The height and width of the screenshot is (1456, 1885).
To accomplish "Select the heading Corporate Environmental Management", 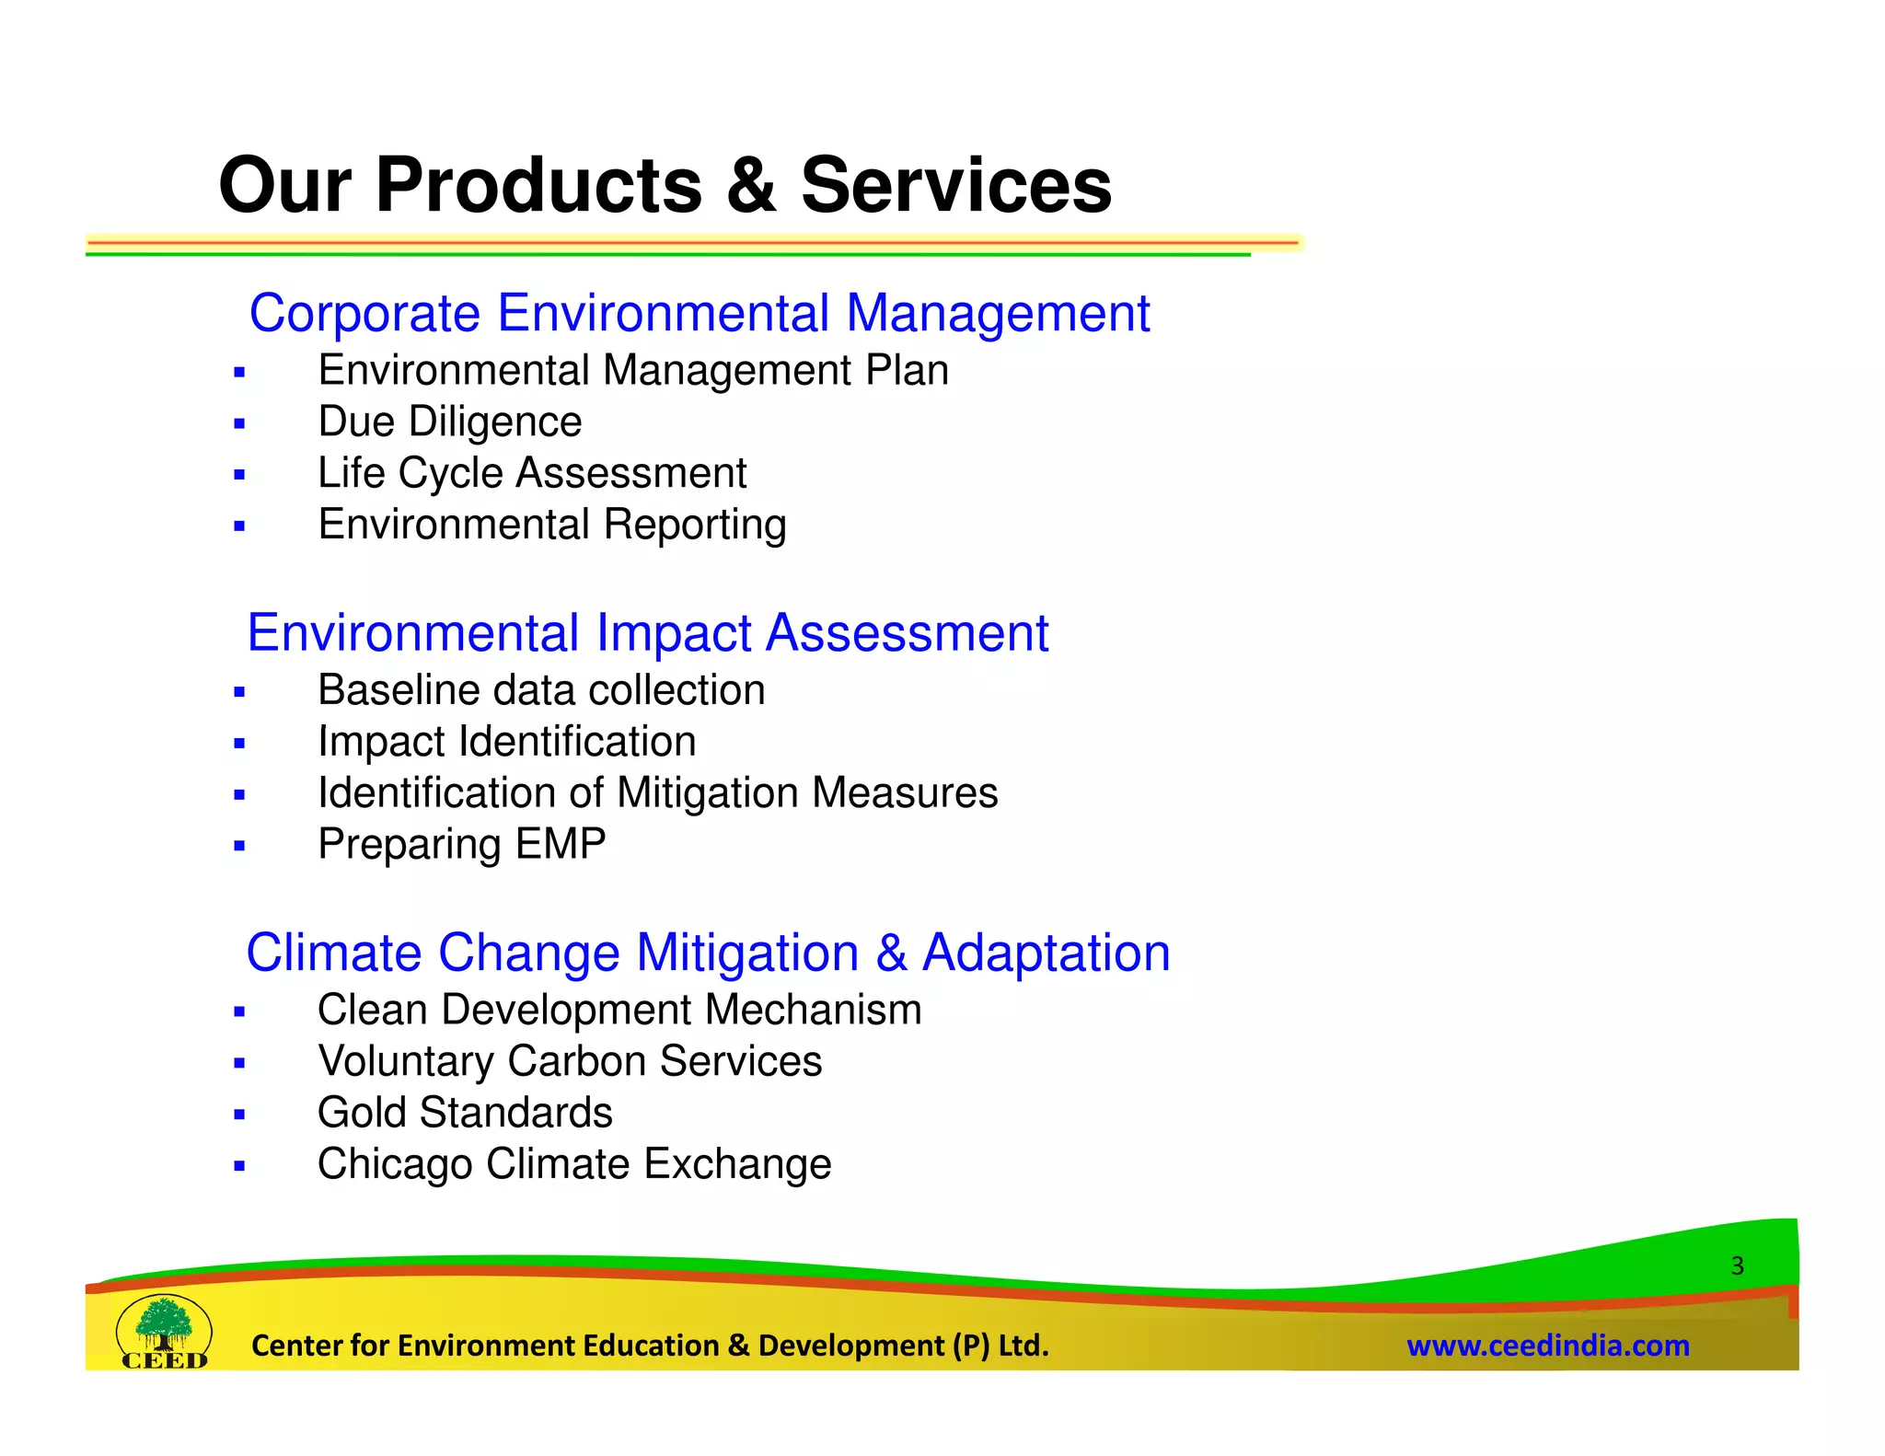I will (699, 313).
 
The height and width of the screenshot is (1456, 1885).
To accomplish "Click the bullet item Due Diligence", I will (449, 422).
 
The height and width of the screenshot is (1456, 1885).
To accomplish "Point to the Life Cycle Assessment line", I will (531, 474).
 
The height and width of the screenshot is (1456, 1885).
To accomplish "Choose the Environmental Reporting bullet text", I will (551, 525).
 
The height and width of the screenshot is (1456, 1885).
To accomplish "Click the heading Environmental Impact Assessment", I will (647, 633).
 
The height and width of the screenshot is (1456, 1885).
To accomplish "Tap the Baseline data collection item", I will (540, 690).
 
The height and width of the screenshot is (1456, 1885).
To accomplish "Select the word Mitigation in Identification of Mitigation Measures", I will (705, 793).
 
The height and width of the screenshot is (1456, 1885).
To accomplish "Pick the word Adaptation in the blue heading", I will (1046, 953).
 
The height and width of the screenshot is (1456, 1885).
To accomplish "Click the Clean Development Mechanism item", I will (619, 1011).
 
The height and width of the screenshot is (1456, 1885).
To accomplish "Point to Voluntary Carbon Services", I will (569, 1061).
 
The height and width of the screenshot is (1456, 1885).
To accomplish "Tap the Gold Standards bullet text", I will (464, 1113).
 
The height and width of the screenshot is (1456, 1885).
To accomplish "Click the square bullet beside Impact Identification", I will (239, 744).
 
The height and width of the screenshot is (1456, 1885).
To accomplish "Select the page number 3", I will (1737, 1265).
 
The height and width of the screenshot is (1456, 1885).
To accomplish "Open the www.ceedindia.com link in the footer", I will (1547, 1346).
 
